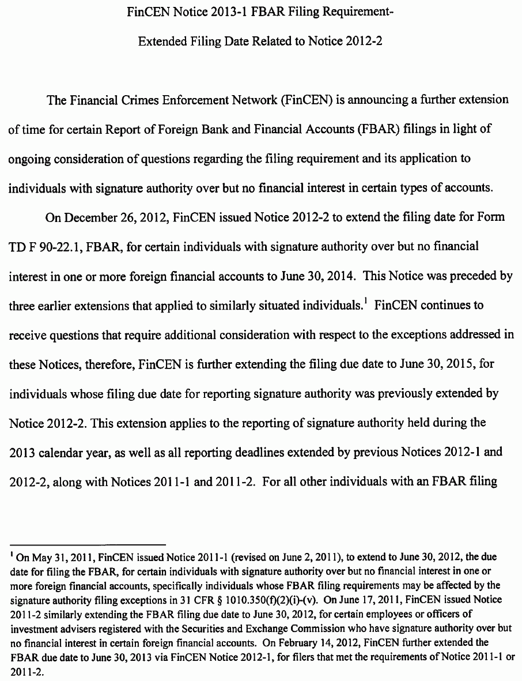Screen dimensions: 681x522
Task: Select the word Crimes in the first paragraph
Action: pyautogui.click(x=155, y=100)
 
